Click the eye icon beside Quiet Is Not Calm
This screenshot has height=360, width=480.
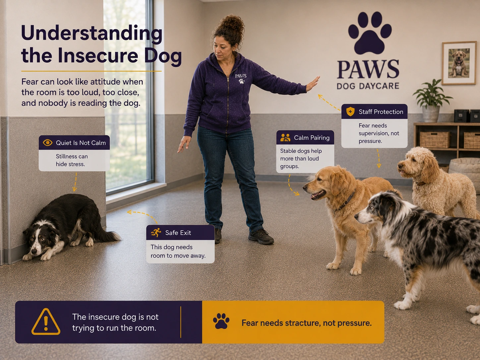click(x=47, y=143)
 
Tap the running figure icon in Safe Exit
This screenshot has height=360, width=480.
click(x=156, y=233)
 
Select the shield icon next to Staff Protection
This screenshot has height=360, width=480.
click(x=350, y=112)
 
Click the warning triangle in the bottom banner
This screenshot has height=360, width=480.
click(x=46, y=322)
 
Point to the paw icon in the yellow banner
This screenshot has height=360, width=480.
click(x=221, y=321)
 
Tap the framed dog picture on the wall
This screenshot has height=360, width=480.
click(x=459, y=63)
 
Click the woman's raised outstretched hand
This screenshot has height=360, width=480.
click(x=313, y=84)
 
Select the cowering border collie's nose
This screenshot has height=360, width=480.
click(x=34, y=251)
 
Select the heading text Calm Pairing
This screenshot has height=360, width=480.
click(x=312, y=138)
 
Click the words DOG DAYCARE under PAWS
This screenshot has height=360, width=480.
click(x=368, y=86)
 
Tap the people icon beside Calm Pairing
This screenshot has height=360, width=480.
click(x=285, y=138)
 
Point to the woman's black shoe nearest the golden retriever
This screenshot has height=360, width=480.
click(x=261, y=236)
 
